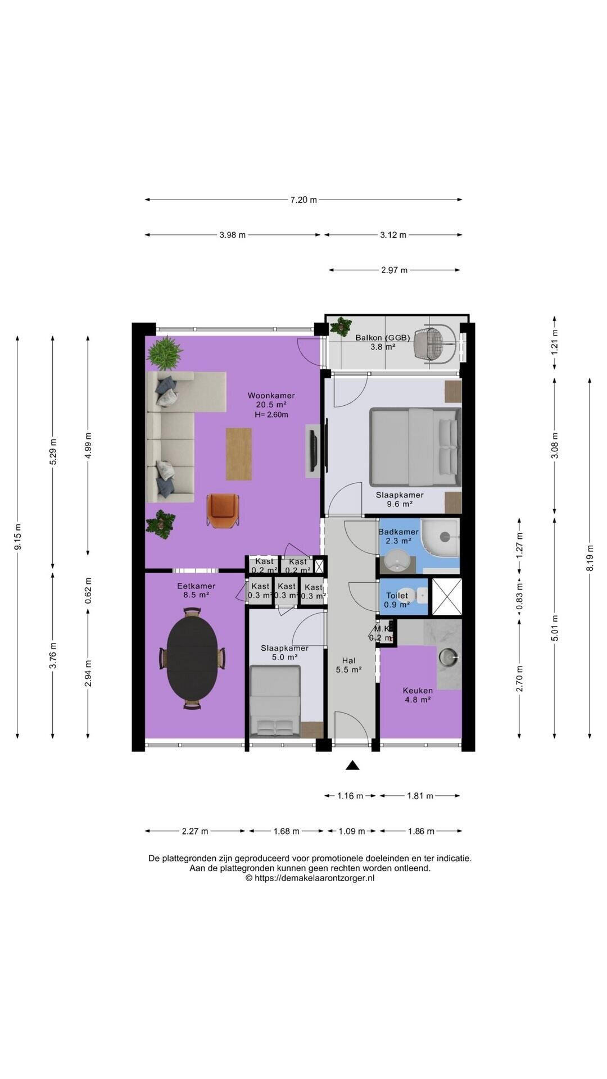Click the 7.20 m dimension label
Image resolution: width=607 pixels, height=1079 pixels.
pos(303,200)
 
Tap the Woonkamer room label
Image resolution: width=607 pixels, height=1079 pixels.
pos(271,396)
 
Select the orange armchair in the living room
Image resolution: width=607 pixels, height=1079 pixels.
pos(223,510)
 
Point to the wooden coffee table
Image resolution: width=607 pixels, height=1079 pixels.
pos(238,454)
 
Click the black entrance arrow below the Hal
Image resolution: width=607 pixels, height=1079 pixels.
pos(352,764)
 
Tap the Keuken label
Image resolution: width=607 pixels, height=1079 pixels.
pos(418,691)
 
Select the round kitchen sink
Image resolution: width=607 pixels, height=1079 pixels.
pos(449,656)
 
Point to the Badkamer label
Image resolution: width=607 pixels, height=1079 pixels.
pos(398,532)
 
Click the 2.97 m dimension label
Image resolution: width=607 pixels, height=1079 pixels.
pos(394,270)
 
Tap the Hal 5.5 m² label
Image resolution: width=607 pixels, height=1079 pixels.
pos(348,665)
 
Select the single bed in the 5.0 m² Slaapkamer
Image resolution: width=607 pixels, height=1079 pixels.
pos(275,700)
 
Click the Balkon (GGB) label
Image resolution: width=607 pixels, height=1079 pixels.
pos(382,338)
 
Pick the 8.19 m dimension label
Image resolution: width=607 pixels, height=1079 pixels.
pos(590,558)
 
